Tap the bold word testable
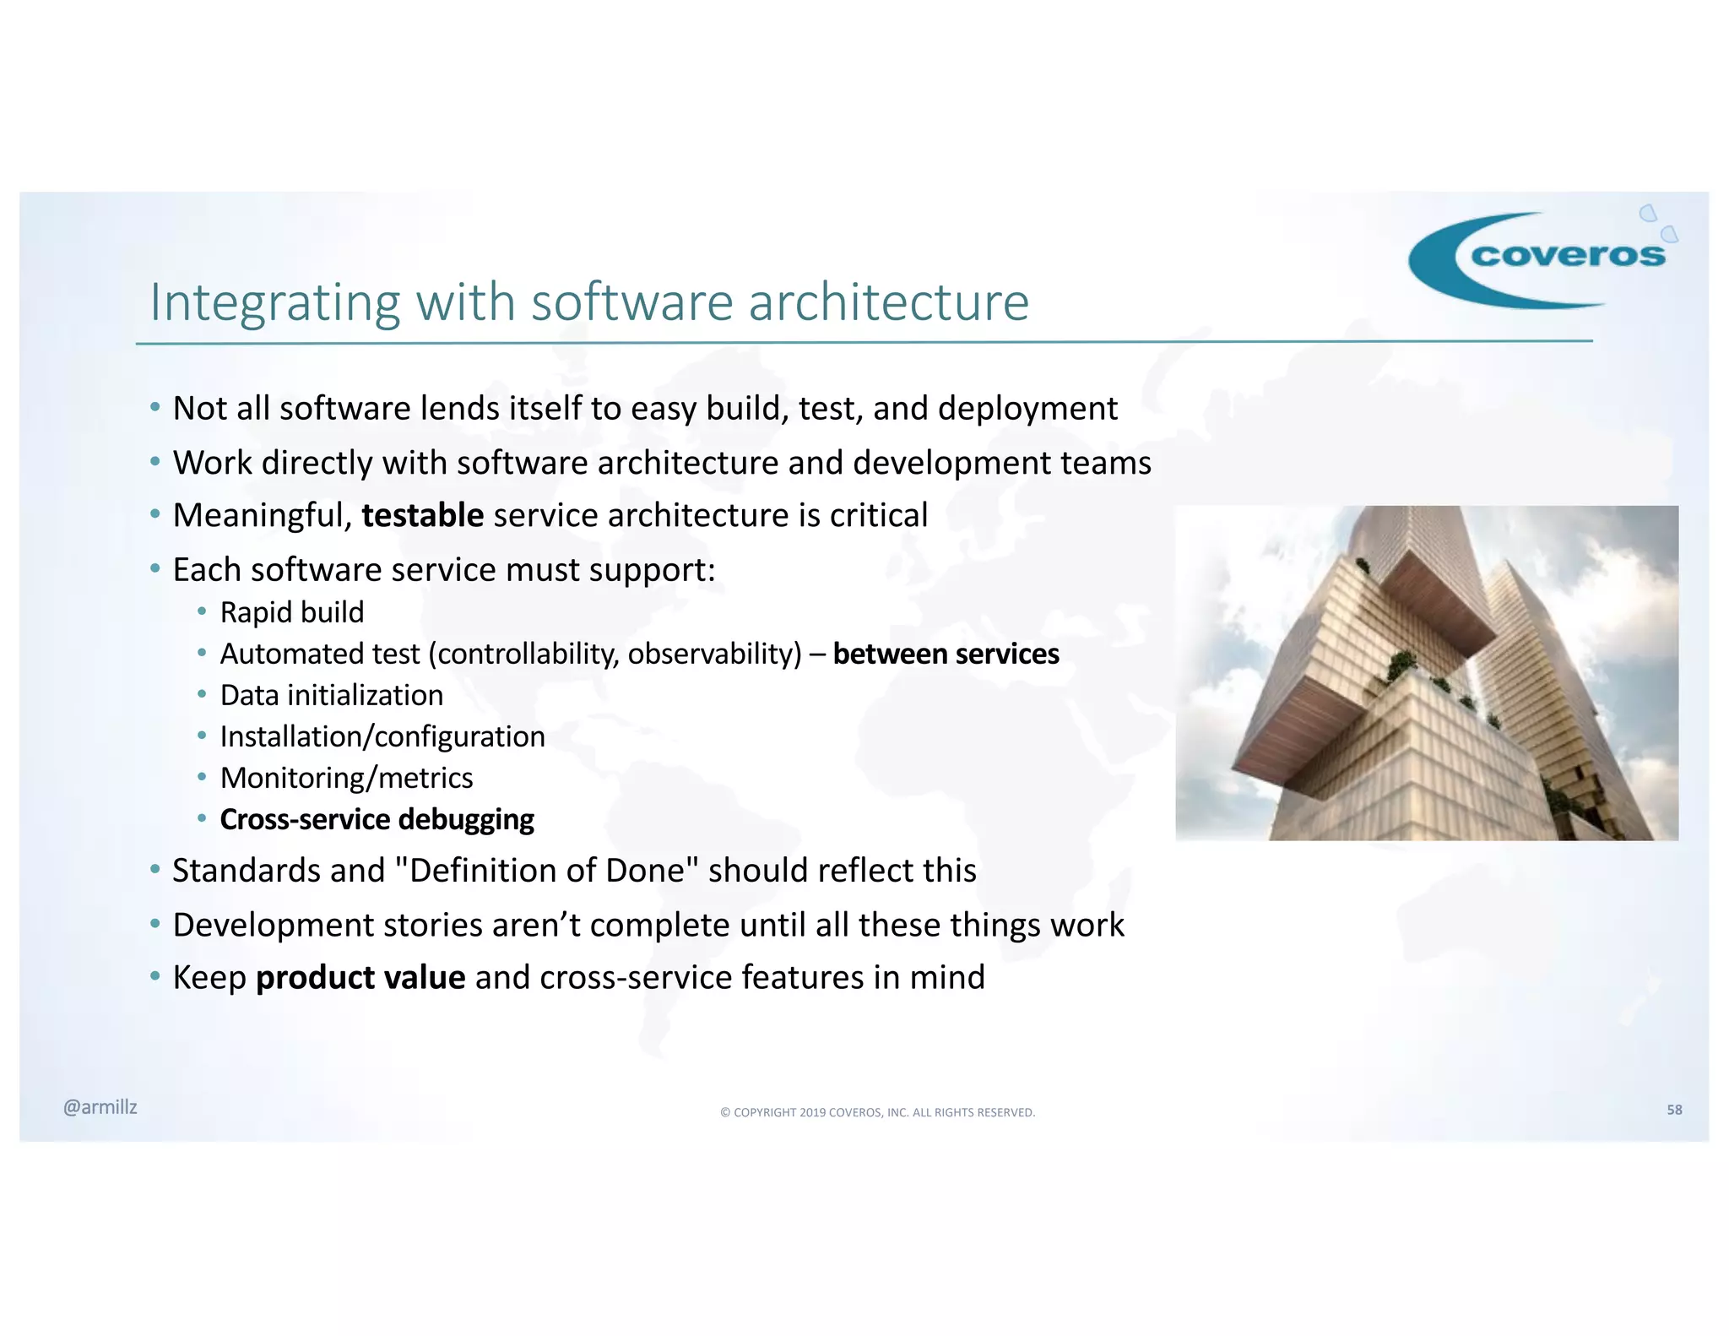[x=422, y=515]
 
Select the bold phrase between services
[x=946, y=654]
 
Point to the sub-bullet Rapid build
[x=292, y=612]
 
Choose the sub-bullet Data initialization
[x=332, y=695]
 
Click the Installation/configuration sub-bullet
[x=382, y=736]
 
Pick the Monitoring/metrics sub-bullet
[x=346, y=778]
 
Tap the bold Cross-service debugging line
[x=377, y=819]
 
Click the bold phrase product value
[x=360, y=978]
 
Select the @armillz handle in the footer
[x=100, y=1107]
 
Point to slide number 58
[x=1674, y=1110]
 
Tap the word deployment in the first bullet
[x=1027, y=409]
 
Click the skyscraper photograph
[x=1427, y=673]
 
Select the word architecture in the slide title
[x=888, y=302]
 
